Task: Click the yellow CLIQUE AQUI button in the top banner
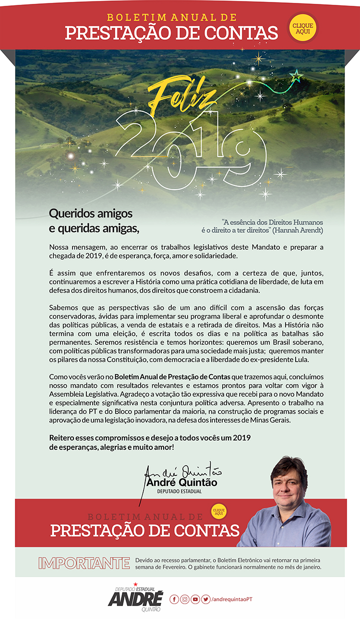[x=303, y=28]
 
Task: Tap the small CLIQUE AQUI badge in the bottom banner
[x=219, y=511]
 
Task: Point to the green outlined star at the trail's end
[x=296, y=76]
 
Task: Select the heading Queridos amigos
[x=91, y=213]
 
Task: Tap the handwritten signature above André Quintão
[x=182, y=473]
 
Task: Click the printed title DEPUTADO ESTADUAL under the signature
[x=180, y=491]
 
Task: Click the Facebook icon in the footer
[x=174, y=599]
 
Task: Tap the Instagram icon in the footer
[x=185, y=599]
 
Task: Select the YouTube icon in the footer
[x=195, y=599]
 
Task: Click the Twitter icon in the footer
[x=206, y=599]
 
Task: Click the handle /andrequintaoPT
[x=232, y=599]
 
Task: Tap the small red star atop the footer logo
[x=136, y=584]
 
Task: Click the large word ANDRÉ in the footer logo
[x=135, y=598]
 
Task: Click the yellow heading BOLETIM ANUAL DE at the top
[x=171, y=18]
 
